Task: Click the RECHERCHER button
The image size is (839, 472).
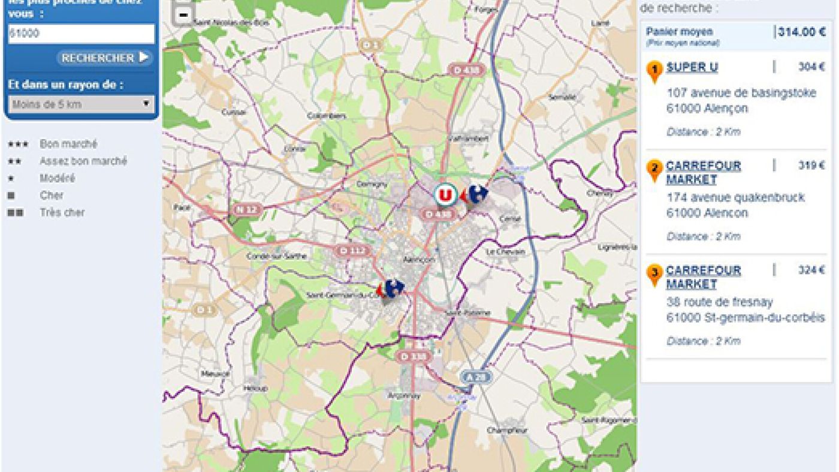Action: pos(104,58)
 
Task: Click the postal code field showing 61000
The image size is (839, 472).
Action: pos(81,34)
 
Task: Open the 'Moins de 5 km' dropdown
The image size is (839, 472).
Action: pos(81,104)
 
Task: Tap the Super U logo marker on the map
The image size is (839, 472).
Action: pos(445,195)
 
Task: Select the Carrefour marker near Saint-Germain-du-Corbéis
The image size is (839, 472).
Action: pos(392,288)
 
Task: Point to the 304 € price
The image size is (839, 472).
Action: pos(811,67)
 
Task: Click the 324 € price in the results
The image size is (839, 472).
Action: pos(811,270)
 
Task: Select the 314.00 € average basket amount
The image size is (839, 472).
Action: pos(801,32)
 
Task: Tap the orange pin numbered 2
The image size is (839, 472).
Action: pos(654,169)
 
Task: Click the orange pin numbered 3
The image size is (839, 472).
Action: pos(654,274)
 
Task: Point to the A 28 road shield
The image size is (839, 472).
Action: pos(472,376)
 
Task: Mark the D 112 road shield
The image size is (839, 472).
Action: pos(352,250)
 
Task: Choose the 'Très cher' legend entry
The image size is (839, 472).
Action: pos(62,212)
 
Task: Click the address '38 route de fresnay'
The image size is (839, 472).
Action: pos(719,302)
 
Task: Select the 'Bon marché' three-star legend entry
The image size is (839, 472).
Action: pos(68,144)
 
